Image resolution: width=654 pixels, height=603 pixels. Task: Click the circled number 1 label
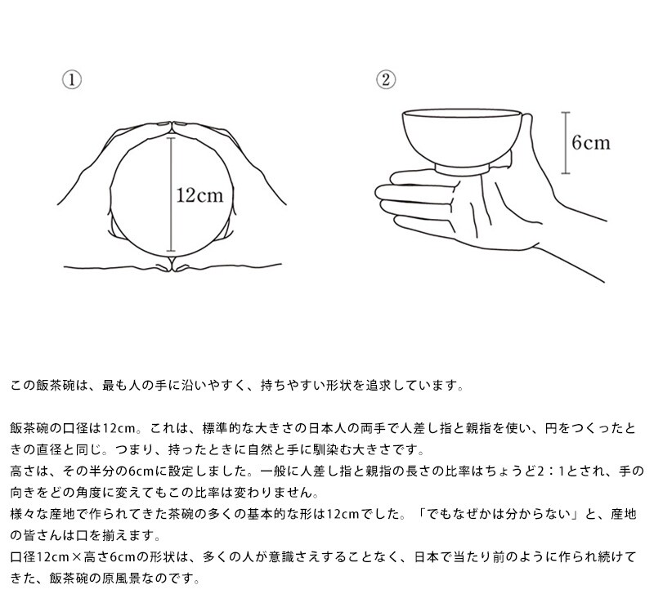[72, 79]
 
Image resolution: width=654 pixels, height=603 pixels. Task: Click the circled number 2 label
[386, 79]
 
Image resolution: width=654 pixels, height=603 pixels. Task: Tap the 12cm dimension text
[199, 195]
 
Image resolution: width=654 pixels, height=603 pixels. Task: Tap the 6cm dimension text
[591, 143]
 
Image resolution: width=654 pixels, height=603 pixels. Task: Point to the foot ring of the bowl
[462, 170]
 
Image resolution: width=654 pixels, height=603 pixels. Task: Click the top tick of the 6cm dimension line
[566, 113]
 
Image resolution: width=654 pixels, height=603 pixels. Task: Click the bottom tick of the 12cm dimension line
[171, 251]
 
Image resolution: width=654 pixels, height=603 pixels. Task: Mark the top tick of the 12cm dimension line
[171, 138]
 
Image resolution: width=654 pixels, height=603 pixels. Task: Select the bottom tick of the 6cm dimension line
[566, 172]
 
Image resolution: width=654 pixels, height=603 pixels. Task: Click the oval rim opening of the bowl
[462, 114]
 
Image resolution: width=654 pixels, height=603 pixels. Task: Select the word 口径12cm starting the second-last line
[40, 557]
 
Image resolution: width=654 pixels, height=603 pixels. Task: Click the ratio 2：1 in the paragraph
[550, 471]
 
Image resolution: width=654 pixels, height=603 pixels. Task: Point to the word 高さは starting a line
[29, 471]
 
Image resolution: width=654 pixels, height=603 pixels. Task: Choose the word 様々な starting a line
[29, 514]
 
